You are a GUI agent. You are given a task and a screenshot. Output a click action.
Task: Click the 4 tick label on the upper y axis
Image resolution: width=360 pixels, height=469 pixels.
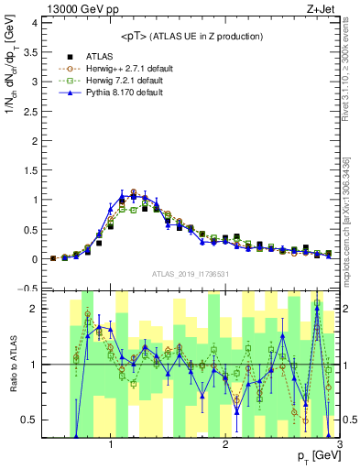coord(31,23)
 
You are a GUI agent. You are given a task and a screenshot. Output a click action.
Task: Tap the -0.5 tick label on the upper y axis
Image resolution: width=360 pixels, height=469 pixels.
coord(26,289)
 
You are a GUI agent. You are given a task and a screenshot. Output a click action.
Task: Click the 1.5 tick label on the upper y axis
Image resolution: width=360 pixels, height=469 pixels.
coord(27,170)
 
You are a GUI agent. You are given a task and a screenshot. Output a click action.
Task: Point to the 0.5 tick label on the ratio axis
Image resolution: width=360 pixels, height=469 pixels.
coord(27,420)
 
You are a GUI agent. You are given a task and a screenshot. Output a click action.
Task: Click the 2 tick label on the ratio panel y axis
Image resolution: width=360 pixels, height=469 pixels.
coord(31,309)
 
